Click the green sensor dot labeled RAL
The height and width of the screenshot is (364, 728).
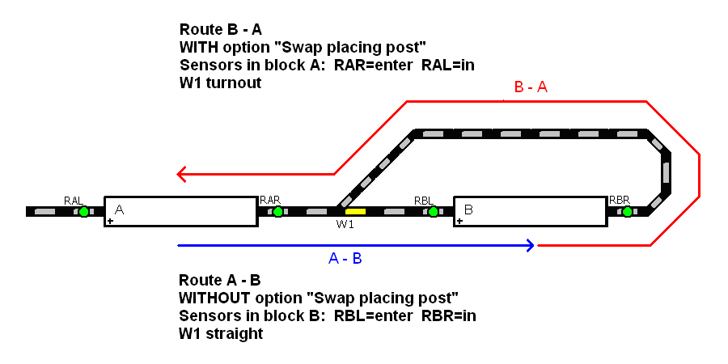point(83,212)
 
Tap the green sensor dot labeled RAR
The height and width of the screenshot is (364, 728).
point(277,212)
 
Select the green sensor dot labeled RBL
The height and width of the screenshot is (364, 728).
point(433,212)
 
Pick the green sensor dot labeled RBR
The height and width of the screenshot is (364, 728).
point(627,212)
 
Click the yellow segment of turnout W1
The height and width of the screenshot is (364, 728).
point(355,212)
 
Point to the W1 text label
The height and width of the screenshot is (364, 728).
point(345,225)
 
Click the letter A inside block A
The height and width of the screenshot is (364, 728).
point(120,210)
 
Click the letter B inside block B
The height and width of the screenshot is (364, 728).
point(468,210)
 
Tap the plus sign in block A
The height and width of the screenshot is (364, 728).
point(111,220)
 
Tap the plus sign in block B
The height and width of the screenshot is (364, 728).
point(459,220)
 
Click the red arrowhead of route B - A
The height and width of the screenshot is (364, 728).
point(182,173)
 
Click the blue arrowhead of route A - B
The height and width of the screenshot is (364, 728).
point(530,244)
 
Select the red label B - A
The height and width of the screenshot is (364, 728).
point(531,87)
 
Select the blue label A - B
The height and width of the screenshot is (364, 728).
point(345,259)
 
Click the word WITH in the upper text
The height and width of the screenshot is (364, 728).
point(197,47)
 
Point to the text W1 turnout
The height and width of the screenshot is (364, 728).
point(220,83)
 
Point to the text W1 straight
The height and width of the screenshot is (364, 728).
point(221,333)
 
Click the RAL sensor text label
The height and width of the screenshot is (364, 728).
point(74,200)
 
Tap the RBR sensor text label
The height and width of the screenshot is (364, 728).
point(620,200)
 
